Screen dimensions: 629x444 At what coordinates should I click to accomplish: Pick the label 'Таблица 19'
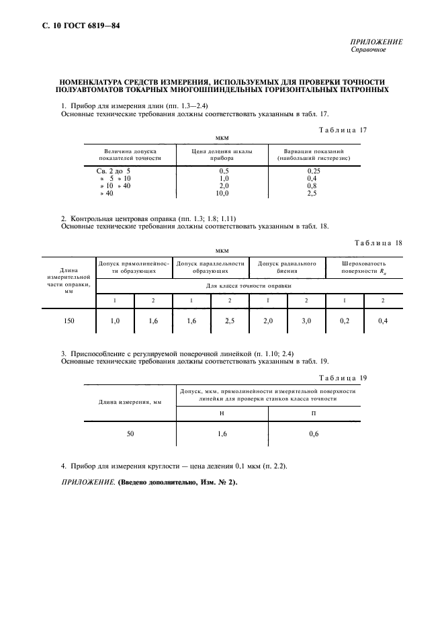[x=343, y=378]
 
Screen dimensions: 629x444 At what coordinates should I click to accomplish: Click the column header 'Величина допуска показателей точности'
[x=130, y=155]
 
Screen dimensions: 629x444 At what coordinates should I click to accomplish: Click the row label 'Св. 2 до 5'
[x=114, y=171]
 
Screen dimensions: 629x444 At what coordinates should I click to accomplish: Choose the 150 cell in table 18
[x=69, y=321]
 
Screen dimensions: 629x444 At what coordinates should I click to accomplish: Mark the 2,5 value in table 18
[x=230, y=321]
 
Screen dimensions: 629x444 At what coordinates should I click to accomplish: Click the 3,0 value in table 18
[x=306, y=321]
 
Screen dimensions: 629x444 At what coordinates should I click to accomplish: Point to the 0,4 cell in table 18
[x=383, y=321]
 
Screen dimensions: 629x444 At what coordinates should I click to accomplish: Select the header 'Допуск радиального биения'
[x=287, y=268]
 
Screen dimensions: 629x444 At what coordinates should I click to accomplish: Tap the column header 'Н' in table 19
[x=222, y=413]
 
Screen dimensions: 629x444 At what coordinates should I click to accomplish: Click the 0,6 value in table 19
[x=314, y=434]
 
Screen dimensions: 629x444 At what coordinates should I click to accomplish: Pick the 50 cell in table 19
[x=130, y=434]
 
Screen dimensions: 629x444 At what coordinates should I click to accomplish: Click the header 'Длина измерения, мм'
[x=130, y=402]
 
